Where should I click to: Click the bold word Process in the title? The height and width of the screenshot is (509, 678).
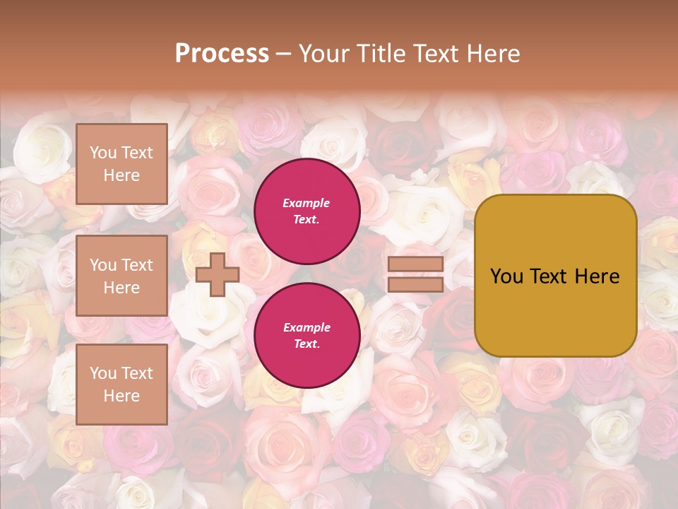[222, 54]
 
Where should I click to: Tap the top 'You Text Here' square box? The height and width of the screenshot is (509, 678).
[121, 164]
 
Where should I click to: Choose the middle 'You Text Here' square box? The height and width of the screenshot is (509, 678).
[121, 276]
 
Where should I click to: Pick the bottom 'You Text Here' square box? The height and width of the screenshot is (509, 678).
[121, 385]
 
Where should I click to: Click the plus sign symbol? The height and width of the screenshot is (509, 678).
[218, 274]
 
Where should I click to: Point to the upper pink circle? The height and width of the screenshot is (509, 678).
[307, 211]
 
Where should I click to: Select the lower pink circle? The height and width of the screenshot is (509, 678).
[307, 335]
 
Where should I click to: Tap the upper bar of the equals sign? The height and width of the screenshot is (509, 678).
[415, 264]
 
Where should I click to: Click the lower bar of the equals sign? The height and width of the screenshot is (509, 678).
[415, 284]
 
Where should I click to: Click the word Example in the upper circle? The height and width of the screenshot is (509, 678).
[307, 203]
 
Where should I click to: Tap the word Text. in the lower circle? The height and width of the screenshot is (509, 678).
[307, 344]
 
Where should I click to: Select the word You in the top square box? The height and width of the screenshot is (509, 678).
[103, 153]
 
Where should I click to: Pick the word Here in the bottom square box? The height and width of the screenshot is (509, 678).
[121, 396]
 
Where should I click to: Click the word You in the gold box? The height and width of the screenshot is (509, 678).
[506, 276]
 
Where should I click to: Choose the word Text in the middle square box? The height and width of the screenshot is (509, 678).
[136, 265]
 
